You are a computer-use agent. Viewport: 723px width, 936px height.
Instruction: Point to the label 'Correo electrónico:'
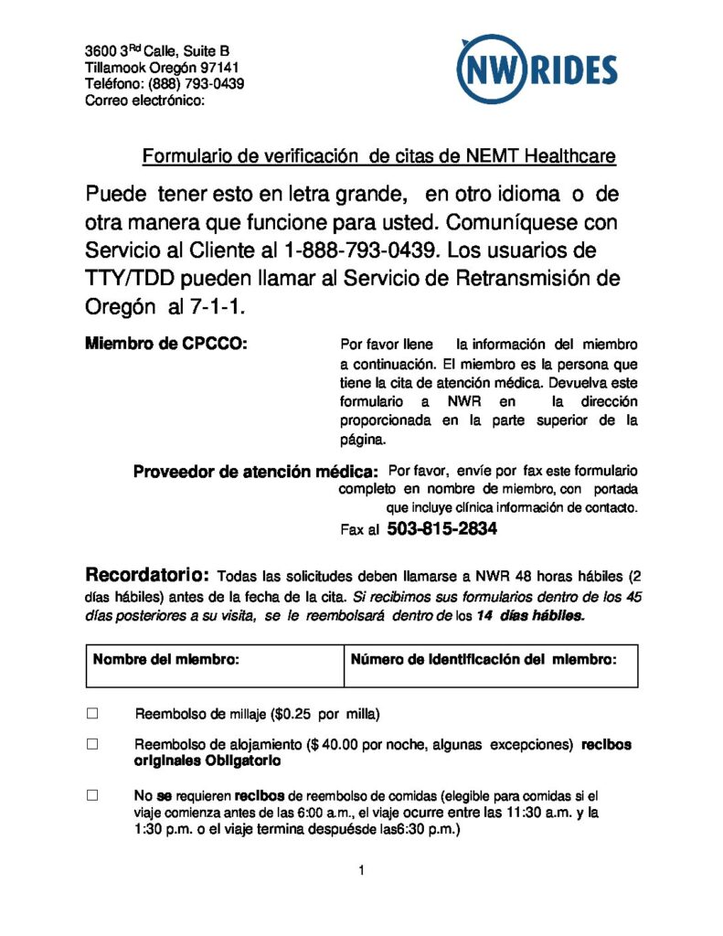(144, 101)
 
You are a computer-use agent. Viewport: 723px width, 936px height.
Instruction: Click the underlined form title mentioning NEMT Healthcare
(378, 156)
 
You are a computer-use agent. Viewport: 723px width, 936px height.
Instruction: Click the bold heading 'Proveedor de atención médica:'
(255, 472)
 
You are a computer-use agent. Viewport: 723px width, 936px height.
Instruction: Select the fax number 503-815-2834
(442, 528)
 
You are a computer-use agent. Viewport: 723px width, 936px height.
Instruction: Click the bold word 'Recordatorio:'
(148, 576)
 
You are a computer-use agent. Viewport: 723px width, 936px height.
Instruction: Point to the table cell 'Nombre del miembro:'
(165, 658)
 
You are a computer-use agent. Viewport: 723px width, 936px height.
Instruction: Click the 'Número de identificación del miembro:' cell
(484, 658)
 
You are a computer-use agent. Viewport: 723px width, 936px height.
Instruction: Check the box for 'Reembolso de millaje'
(91, 713)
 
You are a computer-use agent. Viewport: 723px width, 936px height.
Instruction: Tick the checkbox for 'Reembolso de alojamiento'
(91, 744)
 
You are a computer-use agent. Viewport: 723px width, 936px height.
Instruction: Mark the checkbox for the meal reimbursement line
(91, 795)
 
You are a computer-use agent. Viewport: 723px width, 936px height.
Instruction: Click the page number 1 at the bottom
(362, 870)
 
